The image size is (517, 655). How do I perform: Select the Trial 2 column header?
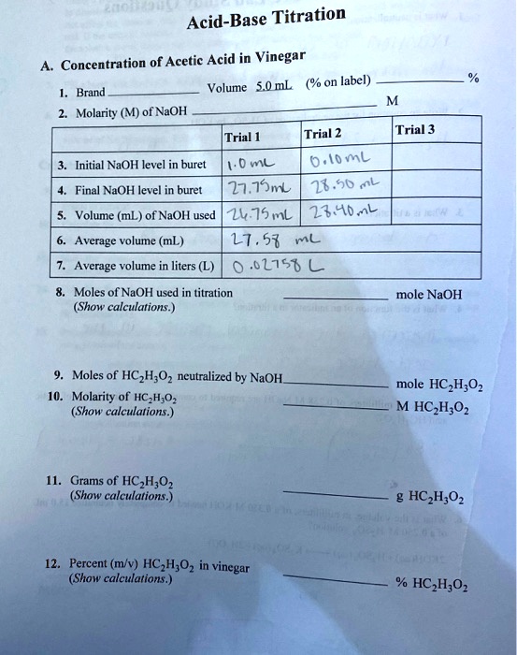(x=323, y=133)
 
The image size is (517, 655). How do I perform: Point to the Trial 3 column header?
(x=414, y=129)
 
